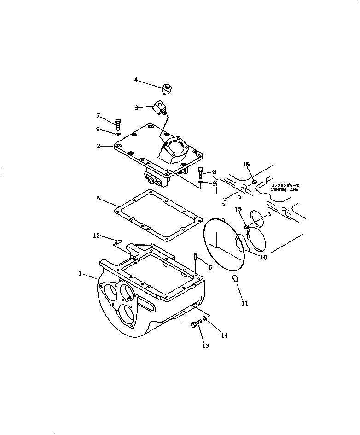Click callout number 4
click(136, 80)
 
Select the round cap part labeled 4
click(166, 88)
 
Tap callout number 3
click(136, 107)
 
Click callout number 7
click(98, 115)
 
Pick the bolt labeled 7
click(118, 123)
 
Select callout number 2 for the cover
click(98, 146)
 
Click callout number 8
click(214, 172)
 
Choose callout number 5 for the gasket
click(98, 199)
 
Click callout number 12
click(96, 236)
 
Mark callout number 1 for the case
click(81, 273)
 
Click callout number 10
click(263, 258)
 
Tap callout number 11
click(245, 303)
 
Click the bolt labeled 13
click(195, 325)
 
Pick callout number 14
click(224, 335)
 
